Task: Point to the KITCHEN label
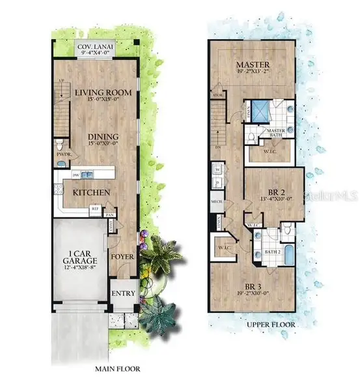[x=90, y=193]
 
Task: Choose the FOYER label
[x=122, y=257]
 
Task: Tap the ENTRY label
[x=123, y=293]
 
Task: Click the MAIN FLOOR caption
[x=117, y=369]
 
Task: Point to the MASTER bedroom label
[x=254, y=65]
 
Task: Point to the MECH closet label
[x=217, y=202]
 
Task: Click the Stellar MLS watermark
[x=337, y=195]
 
